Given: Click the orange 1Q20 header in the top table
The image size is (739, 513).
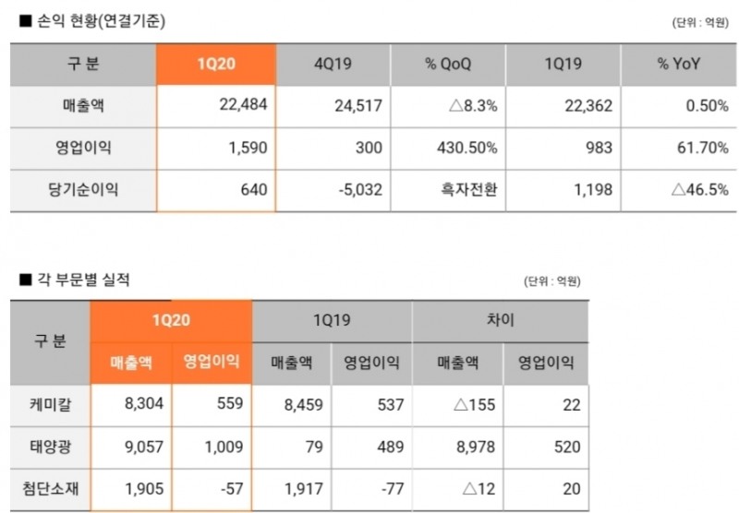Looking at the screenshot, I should click(x=217, y=66).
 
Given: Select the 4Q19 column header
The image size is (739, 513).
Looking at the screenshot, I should click(x=333, y=66).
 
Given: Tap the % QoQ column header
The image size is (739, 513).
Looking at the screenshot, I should click(x=450, y=66).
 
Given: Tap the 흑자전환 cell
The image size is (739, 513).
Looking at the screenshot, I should click(x=469, y=190).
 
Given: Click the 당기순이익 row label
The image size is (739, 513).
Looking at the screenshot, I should click(x=84, y=190).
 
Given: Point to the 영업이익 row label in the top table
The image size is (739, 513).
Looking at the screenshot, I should click(x=84, y=148).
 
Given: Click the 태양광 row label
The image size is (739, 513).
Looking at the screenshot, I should click(x=50, y=447).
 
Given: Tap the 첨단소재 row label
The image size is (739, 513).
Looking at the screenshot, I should click(x=50, y=489).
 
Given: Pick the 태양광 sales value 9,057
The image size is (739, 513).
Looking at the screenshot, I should click(x=142, y=447).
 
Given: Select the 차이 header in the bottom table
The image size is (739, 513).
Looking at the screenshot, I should click(x=500, y=320).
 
